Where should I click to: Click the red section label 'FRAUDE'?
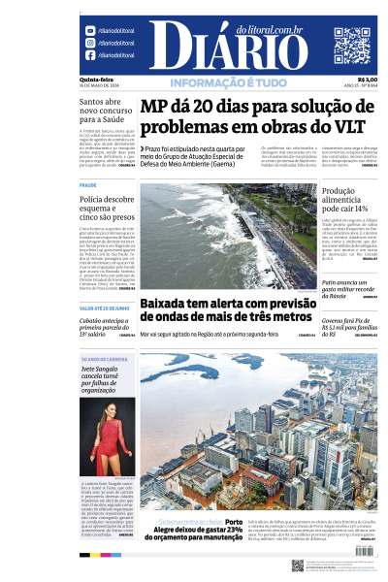pyautogui.click(x=88, y=184)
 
